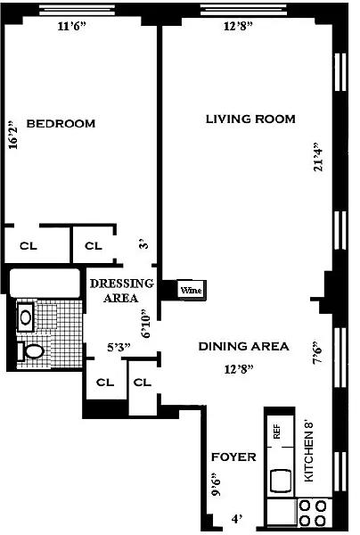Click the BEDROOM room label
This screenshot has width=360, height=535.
(61, 124)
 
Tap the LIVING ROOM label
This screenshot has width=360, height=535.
(250, 119)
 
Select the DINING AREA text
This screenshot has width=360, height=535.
(244, 346)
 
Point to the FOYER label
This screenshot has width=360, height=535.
(233, 457)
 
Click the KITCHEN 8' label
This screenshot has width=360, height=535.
(309, 452)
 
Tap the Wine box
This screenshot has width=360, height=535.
(192, 291)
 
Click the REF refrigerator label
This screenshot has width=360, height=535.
(277, 432)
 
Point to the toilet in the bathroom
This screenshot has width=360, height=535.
(30, 351)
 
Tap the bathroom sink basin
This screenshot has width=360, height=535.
(25, 317)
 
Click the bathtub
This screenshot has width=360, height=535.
(45, 283)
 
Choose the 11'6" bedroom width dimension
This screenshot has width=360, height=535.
(71, 26)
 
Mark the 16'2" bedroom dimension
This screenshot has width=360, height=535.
(12, 135)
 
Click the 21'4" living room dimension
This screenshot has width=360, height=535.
(318, 157)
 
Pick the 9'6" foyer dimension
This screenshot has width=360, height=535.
(215, 484)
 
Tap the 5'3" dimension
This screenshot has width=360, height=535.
(119, 348)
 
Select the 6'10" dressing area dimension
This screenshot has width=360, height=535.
(145, 324)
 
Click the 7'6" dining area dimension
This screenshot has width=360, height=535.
(318, 352)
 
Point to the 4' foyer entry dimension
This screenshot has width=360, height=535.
(237, 519)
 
